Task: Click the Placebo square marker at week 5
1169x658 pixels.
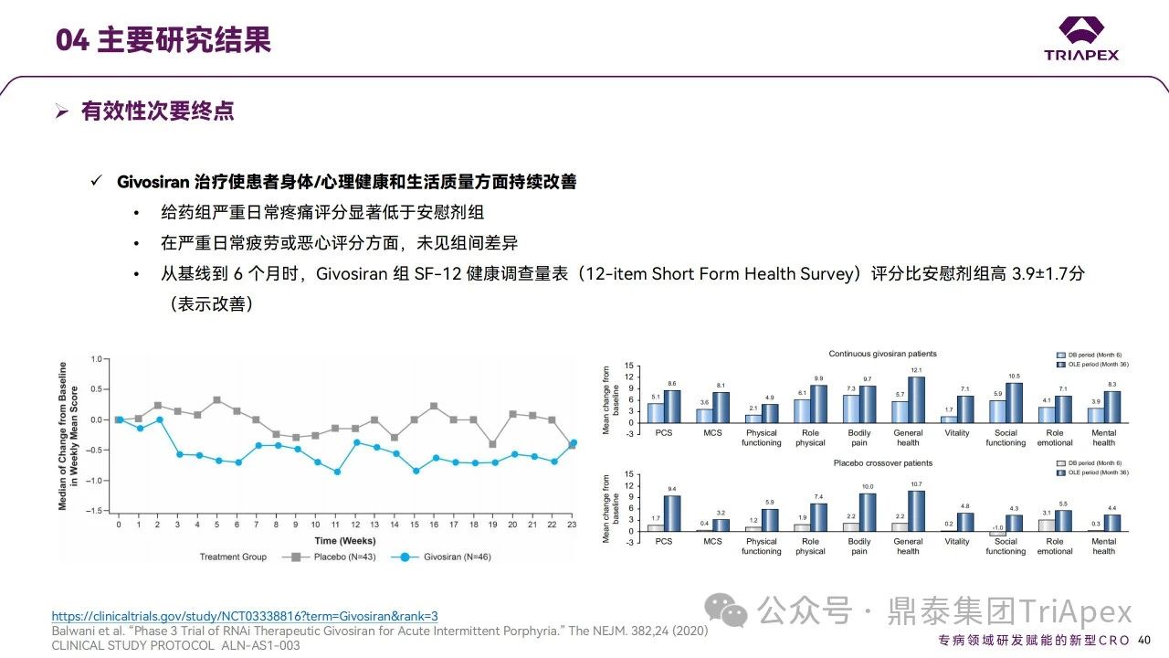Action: [x=217, y=400]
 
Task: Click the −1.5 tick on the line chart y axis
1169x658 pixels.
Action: [x=95, y=510]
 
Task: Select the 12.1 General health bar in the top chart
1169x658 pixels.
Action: [x=916, y=399]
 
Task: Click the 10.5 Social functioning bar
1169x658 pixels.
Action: [x=1014, y=402]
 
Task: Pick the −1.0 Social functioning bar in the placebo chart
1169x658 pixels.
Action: [x=997, y=534]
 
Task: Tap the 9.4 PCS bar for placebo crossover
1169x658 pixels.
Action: [x=672, y=513]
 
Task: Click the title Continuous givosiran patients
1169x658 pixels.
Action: [x=882, y=354]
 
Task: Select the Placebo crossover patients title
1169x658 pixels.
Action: [x=882, y=463]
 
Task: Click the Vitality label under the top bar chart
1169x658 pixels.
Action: [x=957, y=433]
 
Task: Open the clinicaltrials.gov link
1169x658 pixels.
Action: [x=245, y=616]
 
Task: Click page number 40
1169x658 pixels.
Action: [x=1144, y=640]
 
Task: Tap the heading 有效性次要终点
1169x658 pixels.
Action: [x=157, y=111]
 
